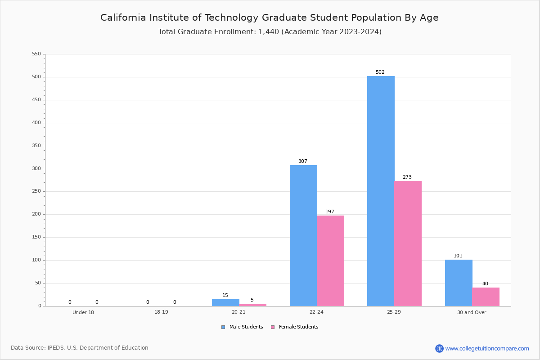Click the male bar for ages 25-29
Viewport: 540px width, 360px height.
point(381,191)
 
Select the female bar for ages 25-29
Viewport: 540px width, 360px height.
point(408,243)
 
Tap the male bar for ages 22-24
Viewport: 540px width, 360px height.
point(303,235)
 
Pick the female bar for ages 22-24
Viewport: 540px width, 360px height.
point(330,261)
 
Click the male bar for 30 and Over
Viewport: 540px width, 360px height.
point(459,283)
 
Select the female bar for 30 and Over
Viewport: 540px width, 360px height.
point(486,297)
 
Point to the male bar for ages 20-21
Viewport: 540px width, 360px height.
point(225,302)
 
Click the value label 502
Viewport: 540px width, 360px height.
point(380,72)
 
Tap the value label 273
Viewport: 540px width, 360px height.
point(407,177)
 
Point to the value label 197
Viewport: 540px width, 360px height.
point(330,212)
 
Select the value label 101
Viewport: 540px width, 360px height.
point(458,256)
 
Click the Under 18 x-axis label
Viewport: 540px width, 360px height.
point(83,312)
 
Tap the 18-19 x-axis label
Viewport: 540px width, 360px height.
point(161,312)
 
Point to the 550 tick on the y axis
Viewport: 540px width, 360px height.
point(36,54)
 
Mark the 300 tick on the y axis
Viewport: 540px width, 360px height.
point(36,169)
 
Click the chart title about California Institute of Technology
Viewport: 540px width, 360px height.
point(270,18)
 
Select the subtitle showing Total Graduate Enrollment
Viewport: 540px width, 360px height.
point(270,32)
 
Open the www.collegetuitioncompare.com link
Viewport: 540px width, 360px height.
point(487,348)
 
